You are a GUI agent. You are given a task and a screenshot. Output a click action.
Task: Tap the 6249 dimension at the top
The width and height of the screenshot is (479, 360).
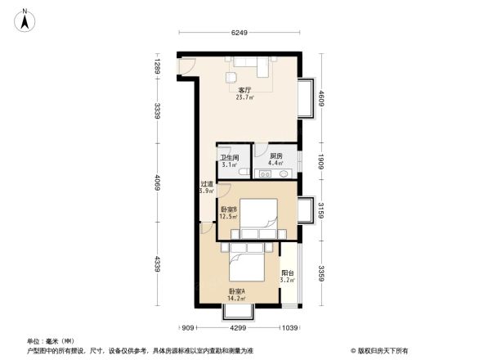tap(239, 34)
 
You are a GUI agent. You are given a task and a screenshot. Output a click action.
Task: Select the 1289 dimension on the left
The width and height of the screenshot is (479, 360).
tap(154, 63)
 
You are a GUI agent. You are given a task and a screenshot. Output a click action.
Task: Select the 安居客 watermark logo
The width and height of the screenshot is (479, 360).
tap(381, 350)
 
